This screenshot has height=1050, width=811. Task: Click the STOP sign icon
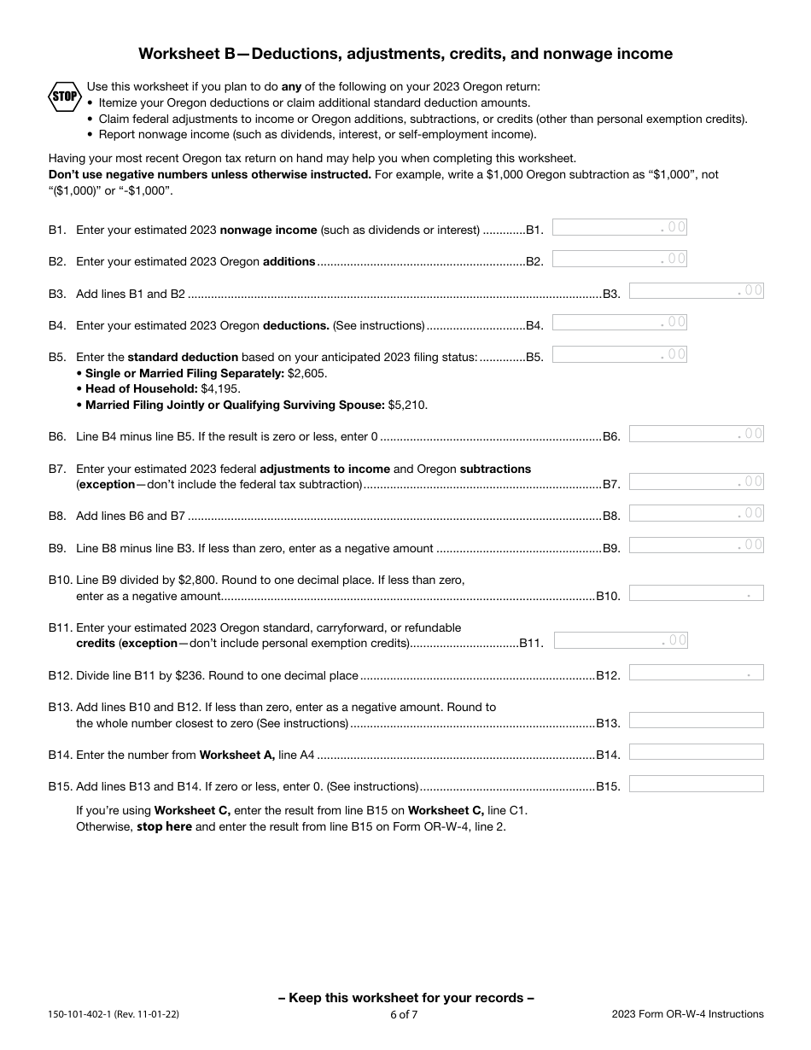[64, 96]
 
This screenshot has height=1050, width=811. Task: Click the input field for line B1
[619, 227]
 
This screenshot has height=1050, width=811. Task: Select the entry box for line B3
[696, 290]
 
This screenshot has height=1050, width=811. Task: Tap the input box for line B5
[619, 353]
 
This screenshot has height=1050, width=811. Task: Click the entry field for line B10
[696, 593]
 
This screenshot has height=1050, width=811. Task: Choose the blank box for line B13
[696, 720]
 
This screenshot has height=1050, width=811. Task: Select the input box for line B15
[696, 784]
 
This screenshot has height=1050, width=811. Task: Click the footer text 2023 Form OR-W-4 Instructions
[687, 1014]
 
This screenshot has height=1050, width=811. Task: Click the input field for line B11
[621, 640]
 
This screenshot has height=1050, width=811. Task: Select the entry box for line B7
[696, 481]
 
